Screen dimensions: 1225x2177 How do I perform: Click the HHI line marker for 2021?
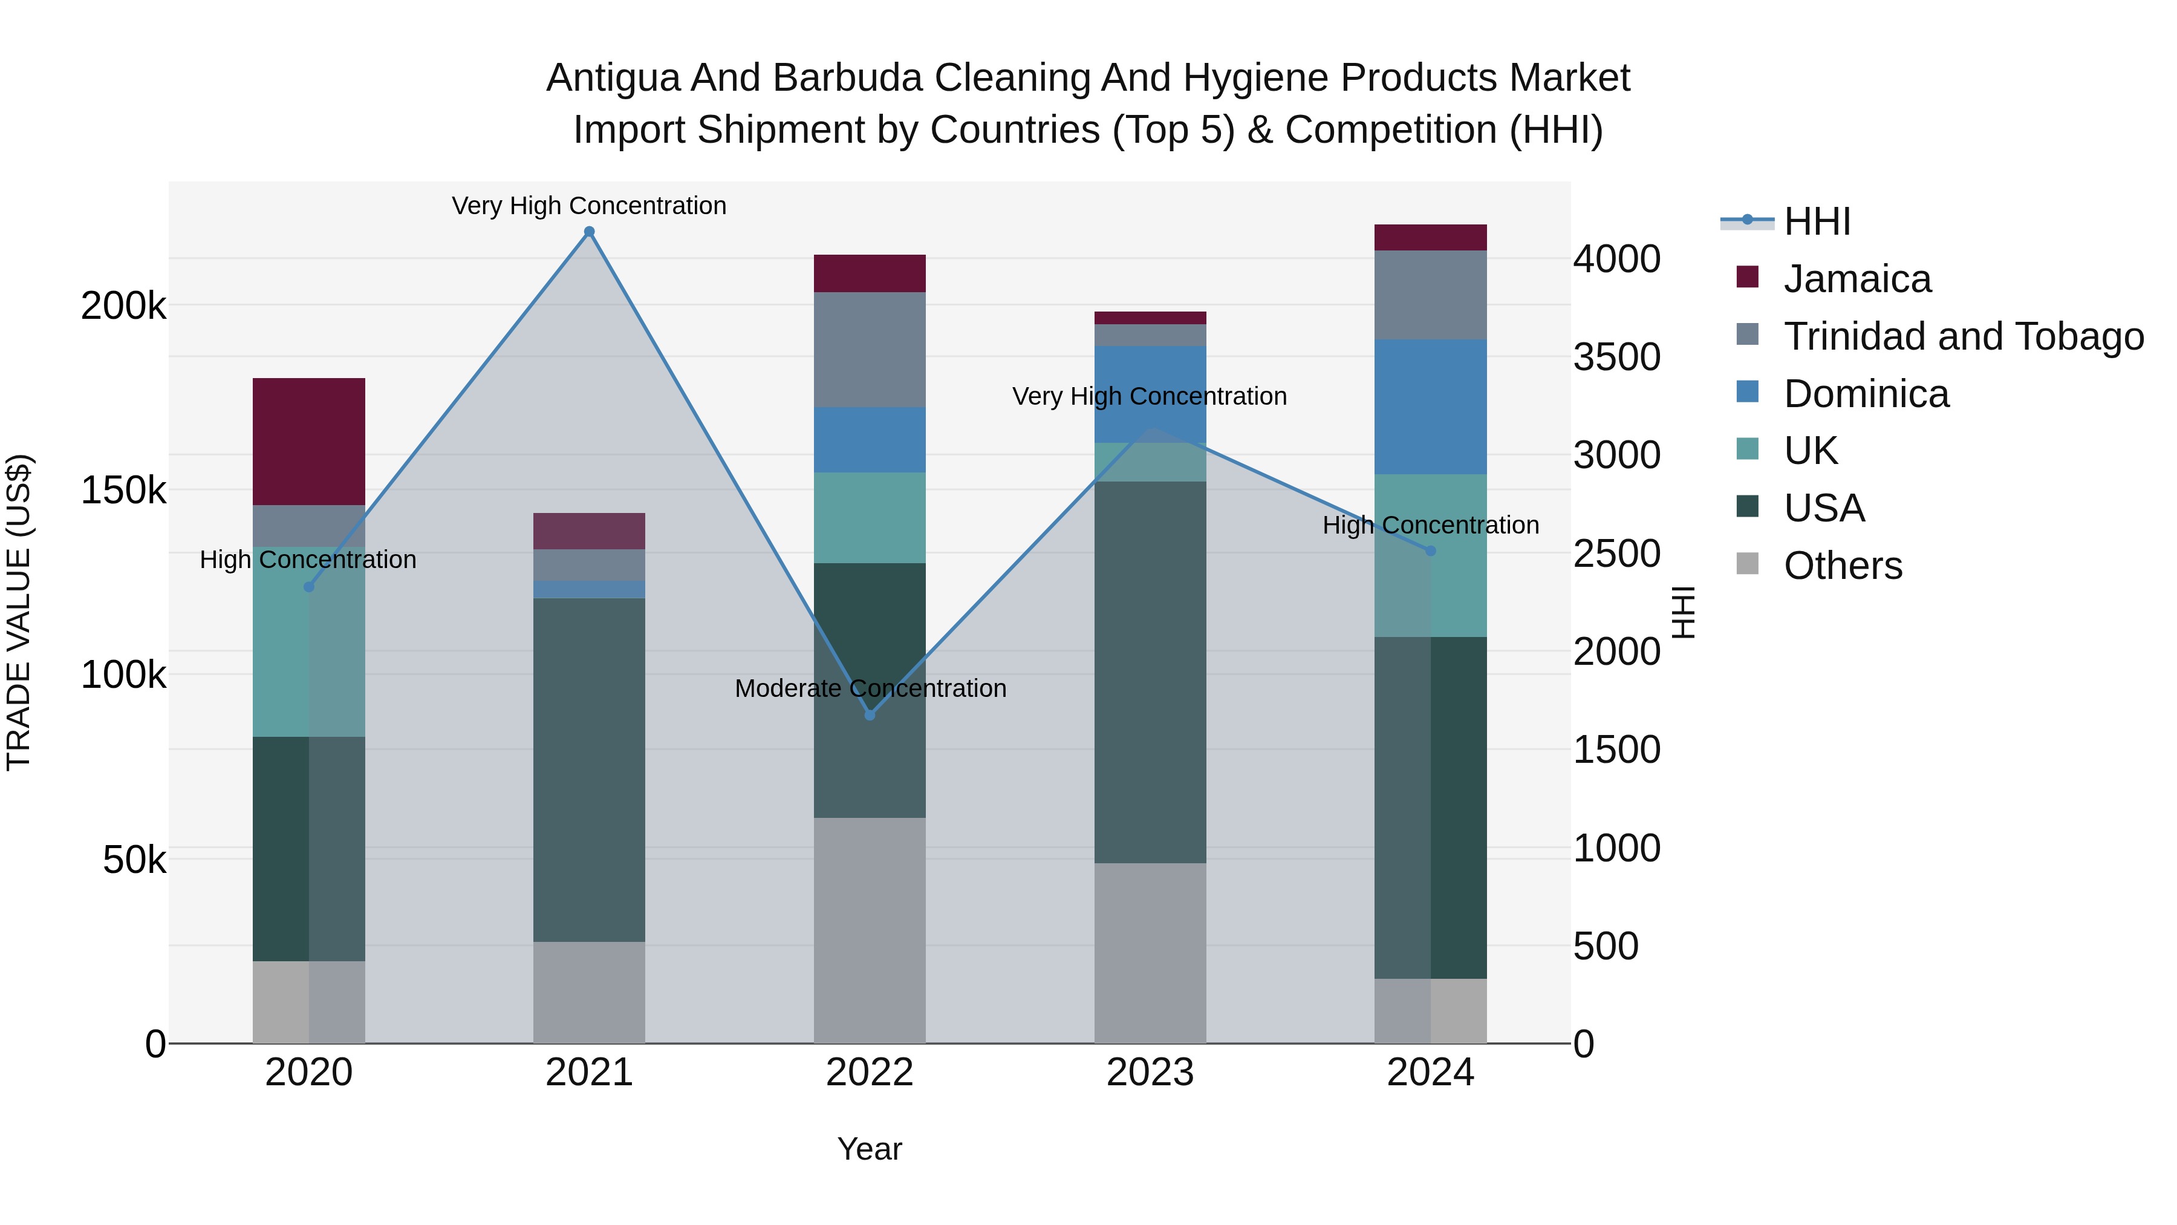(x=589, y=232)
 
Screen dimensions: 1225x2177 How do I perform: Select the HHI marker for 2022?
(x=870, y=715)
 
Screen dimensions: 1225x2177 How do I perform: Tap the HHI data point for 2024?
(x=1431, y=550)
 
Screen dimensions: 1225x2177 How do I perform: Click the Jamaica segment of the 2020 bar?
(x=308, y=442)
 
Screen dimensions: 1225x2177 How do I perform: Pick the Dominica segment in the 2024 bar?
(x=1431, y=407)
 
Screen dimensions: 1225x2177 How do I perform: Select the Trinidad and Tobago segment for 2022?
(x=870, y=350)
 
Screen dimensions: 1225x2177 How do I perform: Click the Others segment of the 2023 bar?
(x=1150, y=953)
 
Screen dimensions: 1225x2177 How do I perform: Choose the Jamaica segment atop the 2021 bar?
(x=589, y=531)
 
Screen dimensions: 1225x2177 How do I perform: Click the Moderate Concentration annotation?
(x=870, y=688)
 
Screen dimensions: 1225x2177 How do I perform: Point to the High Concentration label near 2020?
(x=308, y=560)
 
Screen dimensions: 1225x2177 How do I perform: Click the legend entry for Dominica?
(x=1866, y=394)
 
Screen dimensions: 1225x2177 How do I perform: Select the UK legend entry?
(x=1810, y=451)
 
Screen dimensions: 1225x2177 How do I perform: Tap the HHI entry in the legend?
(x=1817, y=221)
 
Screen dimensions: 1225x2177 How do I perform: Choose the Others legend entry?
(x=1843, y=566)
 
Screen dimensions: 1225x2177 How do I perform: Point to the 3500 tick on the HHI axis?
(x=1616, y=357)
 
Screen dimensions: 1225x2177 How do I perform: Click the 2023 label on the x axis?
(x=1150, y=1073)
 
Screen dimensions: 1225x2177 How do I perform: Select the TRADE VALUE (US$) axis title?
(x=19, y=612)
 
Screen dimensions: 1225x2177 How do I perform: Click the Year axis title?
(x=870, y=1149)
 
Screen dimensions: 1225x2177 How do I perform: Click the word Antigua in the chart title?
(x=613, y=78)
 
